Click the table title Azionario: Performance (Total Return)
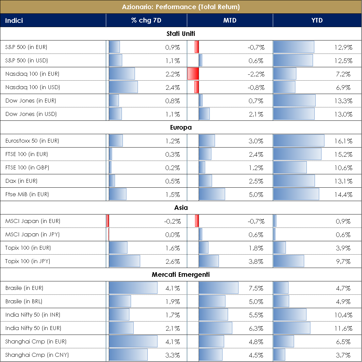pyautogui.click(x=181, y=7)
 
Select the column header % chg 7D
pyautogui.click(x=146, y=20)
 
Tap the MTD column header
pyautogui.click(x=229, y=20)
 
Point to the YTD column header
pyautogui.click(x=317, y=20)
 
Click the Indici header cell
pyautogui.click(x=14, y=20)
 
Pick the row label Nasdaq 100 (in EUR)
pyautogui.click(x=32, y=74)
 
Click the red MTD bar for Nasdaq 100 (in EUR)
pyautogui.click(x=193, y=74)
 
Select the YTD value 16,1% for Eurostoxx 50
pyautogui.click(x=343, y=141)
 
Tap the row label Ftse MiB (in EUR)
pyautogui.click(x=27, y=195)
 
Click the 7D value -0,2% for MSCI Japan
pyautogui.click(x=172, y=221)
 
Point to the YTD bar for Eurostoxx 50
pyautogui.click(x=299, y=141)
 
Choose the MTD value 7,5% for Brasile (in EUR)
pyautogui.click(x=256, y=288)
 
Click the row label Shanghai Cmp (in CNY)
pyautogui.click(x=37, y=355)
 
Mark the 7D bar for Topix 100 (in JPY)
pyautogui.click(x=124, y=261)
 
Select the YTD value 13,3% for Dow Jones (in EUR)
pyautogui.click(x=343, y=101)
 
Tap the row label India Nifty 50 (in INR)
pyautogui.click(x=33, y=315)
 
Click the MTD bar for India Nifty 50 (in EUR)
pyautogui.click(x=215, y=328)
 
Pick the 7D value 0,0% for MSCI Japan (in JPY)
pyautogui.click(x=173, y=235)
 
